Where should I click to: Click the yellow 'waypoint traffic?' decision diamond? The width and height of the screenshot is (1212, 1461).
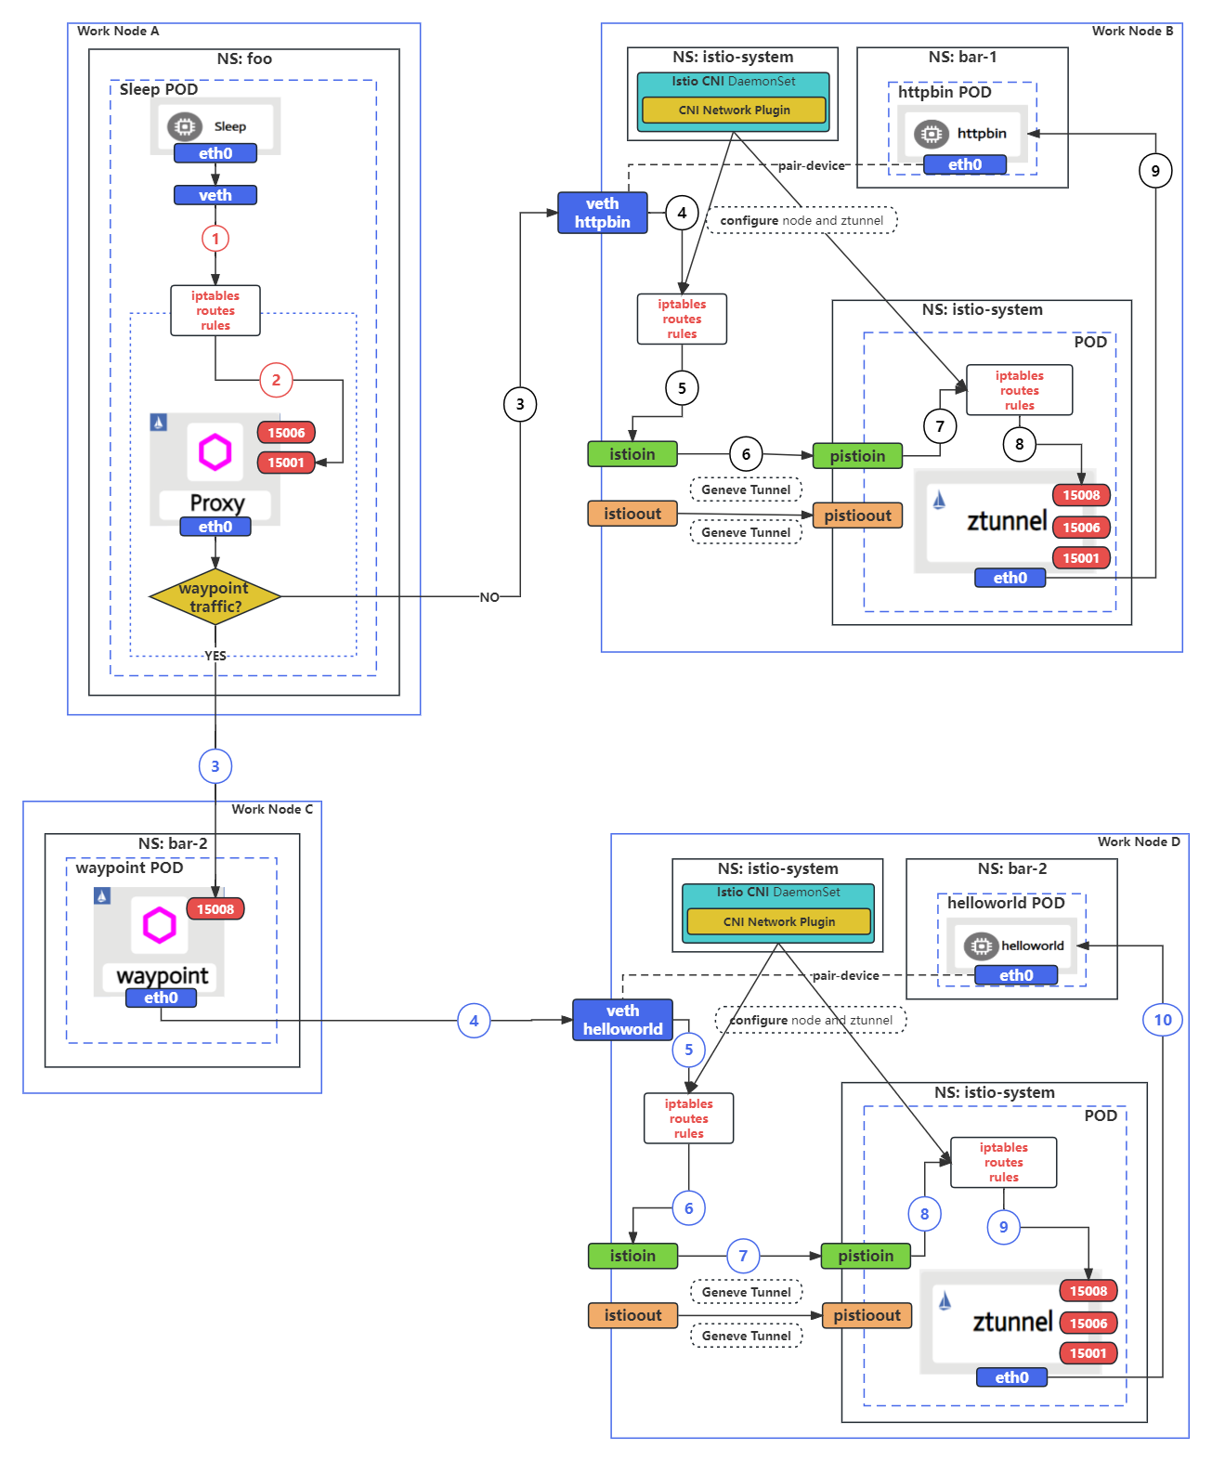(215, 597)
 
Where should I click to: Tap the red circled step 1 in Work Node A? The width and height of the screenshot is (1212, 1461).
(215, 239)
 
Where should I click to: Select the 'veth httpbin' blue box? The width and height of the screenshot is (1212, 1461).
(602, 213)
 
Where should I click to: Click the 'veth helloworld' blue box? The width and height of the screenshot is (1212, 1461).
(622, 1020)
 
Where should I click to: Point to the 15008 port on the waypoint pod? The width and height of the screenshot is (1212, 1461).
(215, 909)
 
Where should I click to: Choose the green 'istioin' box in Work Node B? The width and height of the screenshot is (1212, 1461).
(632, 454)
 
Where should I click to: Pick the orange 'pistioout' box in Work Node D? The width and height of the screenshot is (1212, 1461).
(867, 1315)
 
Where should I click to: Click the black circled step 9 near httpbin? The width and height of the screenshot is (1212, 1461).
(1155, 171)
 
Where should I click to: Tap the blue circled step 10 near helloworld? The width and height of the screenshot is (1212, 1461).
(1162, 1020)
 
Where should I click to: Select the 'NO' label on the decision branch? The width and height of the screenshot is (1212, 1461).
(489, 597)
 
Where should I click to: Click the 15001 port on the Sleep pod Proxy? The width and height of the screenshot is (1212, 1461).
(286, 463)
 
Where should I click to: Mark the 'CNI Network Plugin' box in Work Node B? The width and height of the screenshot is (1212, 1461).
(734, 110)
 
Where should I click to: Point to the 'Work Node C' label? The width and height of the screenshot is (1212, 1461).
(272, 809)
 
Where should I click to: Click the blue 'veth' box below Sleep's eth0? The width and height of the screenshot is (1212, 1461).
(215, 195)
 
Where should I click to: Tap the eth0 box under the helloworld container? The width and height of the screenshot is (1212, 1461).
(1016, 975)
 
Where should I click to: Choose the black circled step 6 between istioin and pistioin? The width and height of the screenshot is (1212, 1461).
(746, 454)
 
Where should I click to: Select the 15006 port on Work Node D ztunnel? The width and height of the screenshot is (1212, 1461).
(1088, 1324)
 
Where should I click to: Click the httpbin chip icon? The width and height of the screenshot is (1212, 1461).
(931, 134)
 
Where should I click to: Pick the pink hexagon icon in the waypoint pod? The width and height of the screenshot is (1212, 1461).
(159, 925)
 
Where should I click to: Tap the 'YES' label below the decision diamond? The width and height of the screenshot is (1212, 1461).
(215, 656)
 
